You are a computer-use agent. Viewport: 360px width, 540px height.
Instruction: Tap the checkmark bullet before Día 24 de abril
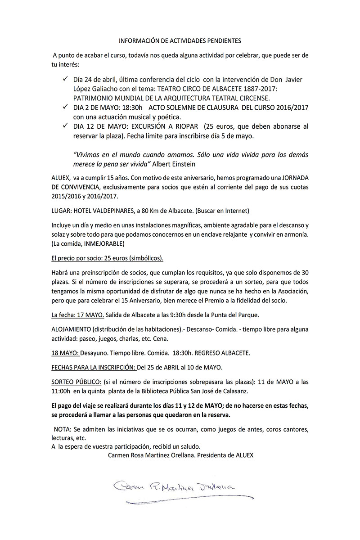tap(65, 79)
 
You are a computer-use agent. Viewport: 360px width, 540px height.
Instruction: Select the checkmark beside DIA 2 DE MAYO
tap(65, 107)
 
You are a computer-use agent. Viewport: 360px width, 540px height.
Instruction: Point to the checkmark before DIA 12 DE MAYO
tap(65, 126)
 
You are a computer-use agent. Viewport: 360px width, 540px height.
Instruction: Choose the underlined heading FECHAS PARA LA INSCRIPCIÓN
tap(94, 367)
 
